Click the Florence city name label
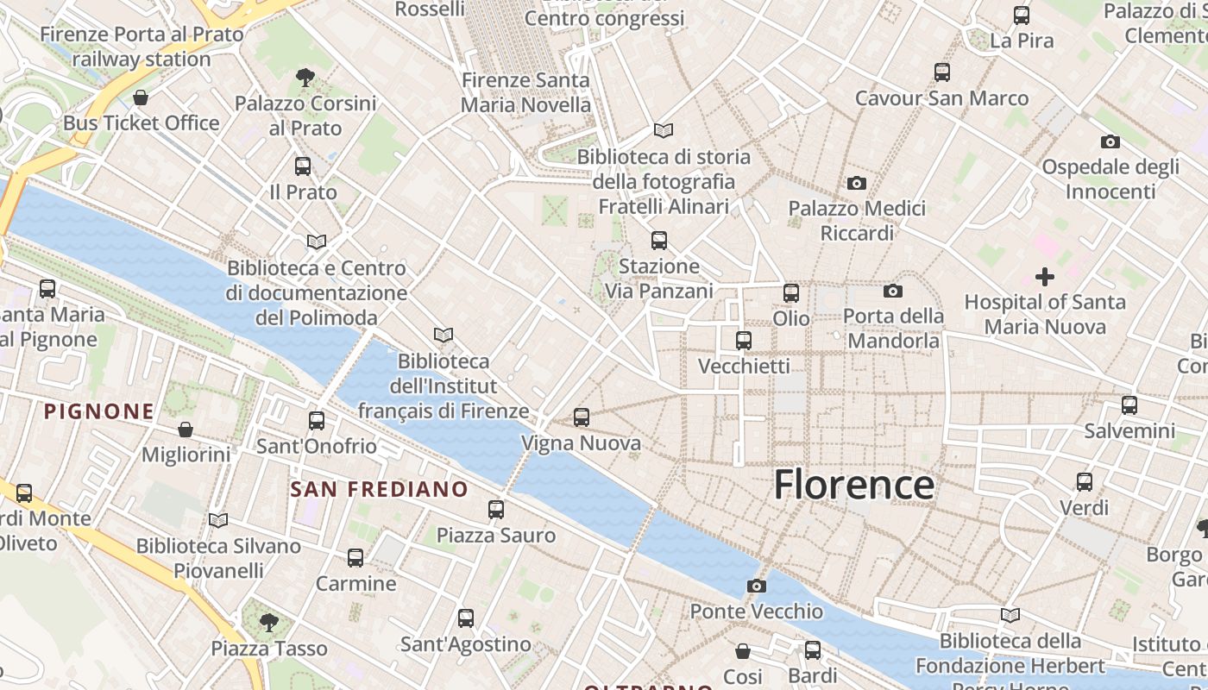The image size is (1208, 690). pyautogui.click(x=853, y=485)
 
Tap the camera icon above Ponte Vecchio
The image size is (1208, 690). pyautogui.click(x=757, y=586)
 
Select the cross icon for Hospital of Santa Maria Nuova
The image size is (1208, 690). pyautogui.click(x=1045, y=277)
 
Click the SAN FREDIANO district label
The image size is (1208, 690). pyautogui.click(x=379, y=490)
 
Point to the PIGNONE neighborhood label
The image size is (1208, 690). pyautogui.click(x=99, y=411)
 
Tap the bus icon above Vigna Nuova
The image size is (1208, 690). pyautogui.click(x=582, y=417)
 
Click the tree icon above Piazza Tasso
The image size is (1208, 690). pyautogui.click(x=269, y=622)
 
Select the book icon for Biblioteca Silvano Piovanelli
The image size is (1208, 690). pyautogui.click(x=218, y=520)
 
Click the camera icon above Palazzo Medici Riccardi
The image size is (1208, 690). pyautogui.click(x=857, y=183)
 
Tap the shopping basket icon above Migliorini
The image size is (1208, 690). pyautogui.click(x=186, y=429)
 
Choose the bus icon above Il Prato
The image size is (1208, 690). pyautogui.click(x=303, y=166)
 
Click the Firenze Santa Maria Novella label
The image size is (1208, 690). pyautogui.click(x=526, y=92)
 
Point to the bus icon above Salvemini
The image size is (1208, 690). pyautogui.click(x=1129, y=405)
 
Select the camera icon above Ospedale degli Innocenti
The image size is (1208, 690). pyautogui.click(x=1110, y=141)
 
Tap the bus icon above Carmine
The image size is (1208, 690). pyautogui.click(x=355, y=558)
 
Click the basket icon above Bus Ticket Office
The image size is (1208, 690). pyautogui.click(x=141, y=97)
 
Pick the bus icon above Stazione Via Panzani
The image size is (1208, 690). pyautogui.click(x=659, y=241)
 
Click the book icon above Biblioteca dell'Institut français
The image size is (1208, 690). pyautogui.click(x=444, y=335)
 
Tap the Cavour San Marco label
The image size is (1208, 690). pyautogui.click(x=942, y=98)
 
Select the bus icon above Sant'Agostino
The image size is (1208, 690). pyautogui.click(x=466, y=618)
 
